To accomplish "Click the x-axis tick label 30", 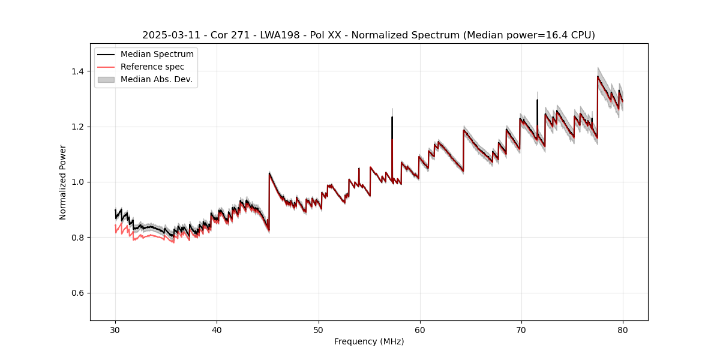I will point(116,330).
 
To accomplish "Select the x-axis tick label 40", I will point(217,330).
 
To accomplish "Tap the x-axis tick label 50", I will point(319,330).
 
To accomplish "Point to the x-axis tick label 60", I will point(420,330).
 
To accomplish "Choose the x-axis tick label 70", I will point(521,330).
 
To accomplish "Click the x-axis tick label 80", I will point(623,330).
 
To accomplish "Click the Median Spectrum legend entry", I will point(157,55).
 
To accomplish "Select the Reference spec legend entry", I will point(152,67).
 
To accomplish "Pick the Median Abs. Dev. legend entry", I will point(156,79).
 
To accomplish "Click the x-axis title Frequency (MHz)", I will point(369,341).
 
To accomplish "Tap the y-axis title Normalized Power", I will point(63,182).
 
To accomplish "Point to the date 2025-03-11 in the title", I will point(170,35).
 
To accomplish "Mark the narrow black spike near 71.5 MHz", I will point(538,108).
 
